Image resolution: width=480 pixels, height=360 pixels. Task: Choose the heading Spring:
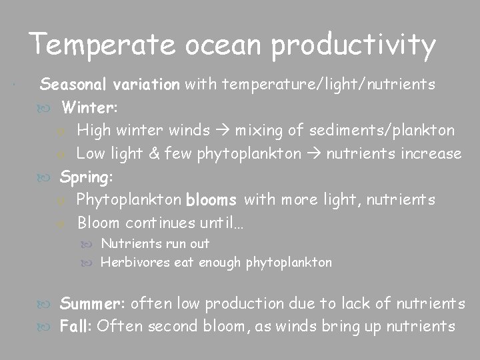(x=87, y=177)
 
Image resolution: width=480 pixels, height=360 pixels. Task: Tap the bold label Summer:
(x=93, y=304)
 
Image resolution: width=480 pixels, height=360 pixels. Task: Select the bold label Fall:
(x=76, y=327)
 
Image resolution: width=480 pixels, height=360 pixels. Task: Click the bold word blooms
(x=212, y=200)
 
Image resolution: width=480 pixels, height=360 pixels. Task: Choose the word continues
(x=148, y=222)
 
